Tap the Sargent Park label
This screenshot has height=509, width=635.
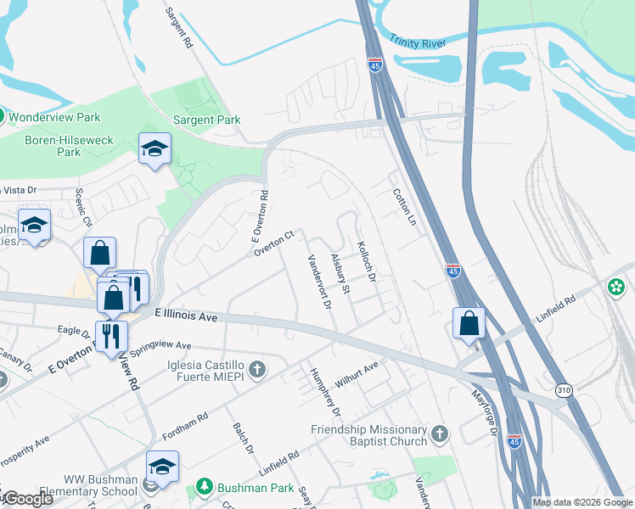207,120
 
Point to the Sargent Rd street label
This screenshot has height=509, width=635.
179,26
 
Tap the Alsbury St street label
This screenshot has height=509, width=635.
340,272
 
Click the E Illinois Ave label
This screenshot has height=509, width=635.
186,316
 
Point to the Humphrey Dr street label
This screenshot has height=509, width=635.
325,393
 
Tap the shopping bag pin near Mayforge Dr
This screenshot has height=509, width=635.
469,322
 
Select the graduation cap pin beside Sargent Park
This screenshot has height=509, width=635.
155,148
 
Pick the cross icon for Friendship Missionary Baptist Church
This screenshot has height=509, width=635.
439,433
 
